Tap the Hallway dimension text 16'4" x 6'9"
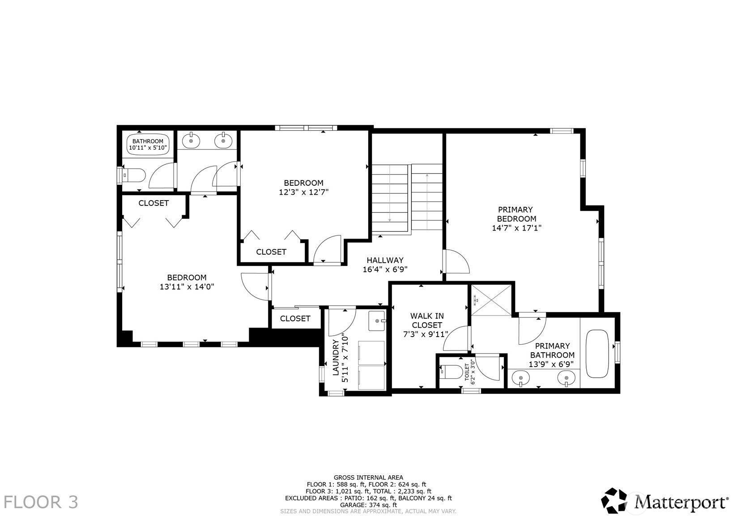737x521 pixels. pos(385,269)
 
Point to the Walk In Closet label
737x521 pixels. pos(426,320)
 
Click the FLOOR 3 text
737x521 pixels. pos(41,502)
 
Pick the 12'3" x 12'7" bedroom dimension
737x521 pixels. pos(304,192)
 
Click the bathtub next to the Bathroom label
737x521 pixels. pos(148,144)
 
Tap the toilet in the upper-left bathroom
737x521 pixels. pos(133,175)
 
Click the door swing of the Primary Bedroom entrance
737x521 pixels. pos(456,262)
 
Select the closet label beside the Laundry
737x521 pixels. pos(295,318)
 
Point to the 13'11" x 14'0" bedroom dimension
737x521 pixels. pos(187,287)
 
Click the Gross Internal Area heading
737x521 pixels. pos(368,478)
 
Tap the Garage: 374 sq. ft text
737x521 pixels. pos(368,504)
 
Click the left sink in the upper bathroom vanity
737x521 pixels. pos(191,141)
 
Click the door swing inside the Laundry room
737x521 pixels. pos(341,322)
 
